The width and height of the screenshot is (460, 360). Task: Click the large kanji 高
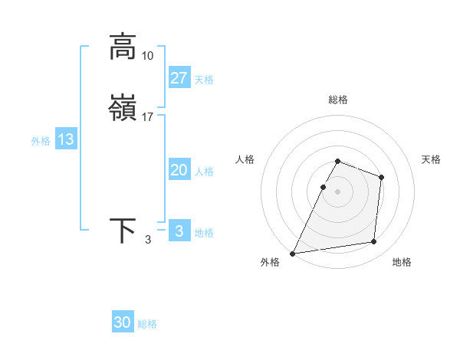pos(123,47)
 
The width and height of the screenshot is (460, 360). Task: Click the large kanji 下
pos(123,231)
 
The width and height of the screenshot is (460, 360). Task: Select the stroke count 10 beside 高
pos(148,56)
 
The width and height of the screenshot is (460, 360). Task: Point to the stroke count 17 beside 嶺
pos(148,117)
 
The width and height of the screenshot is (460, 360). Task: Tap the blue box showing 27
pos(179,77)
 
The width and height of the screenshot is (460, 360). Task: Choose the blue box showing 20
pos(179,170)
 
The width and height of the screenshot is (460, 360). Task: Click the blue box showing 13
pos(66,139)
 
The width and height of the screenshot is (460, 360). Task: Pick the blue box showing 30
pos(123,322)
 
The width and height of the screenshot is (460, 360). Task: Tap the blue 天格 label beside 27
pos(204,80)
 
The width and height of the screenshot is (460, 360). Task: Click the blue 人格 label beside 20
pos(204,172)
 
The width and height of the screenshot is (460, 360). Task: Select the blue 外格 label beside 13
pos(41,141)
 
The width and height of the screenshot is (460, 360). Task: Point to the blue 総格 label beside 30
pos(147,324)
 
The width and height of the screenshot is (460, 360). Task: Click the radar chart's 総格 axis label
pos(338,100)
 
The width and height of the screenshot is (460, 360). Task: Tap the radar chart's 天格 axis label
pos(431,159)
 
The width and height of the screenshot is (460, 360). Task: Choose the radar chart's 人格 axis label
pos(245,159)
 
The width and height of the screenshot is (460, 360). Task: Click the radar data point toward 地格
pos(374,242)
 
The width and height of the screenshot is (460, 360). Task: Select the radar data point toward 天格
pos(381,177)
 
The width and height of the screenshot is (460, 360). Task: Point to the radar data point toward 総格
pos(338,162)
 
